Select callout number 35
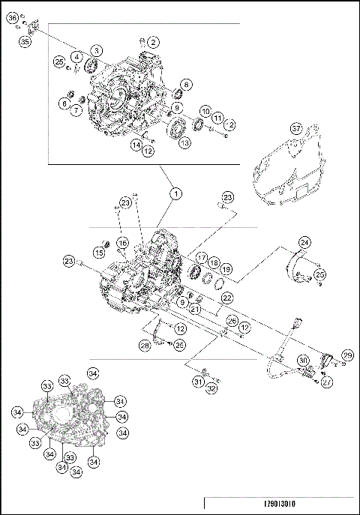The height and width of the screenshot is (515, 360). tap(25, 43)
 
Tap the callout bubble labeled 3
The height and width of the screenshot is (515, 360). tap(97, 51)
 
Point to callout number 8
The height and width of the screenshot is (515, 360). tap(184, 85)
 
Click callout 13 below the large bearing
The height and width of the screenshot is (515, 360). tap(184, 144)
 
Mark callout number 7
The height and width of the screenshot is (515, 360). tap(76, 112)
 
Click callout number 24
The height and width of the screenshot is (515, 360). tap(305, 242)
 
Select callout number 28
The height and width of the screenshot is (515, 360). tap(145, 346)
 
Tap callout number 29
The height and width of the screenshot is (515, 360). tap(346, 355)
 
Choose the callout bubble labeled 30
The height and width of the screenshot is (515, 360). tap(302, 361)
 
